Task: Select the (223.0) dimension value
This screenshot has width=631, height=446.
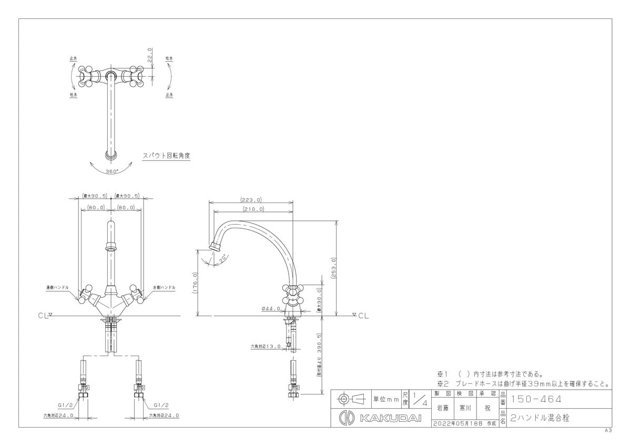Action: [x=251, y=200]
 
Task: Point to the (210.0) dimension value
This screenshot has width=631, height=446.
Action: [x=253, y=209]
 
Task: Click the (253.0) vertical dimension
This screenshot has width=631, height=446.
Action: [x=333, y=269]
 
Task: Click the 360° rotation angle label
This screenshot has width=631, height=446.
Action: [x=111, y=171]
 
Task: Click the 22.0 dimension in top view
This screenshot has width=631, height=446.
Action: [x=149, y=56]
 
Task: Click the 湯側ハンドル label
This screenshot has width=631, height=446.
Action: [x=57, y=288]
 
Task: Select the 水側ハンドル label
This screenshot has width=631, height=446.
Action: [x=164, y=288]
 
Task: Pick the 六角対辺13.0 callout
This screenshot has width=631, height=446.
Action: [x=265, y=347]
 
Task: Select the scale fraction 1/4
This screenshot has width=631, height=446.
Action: [x=420, y=400]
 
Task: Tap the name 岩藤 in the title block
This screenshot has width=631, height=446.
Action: [x=443, y=408]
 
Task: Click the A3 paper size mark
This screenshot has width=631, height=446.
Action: [x=608, y=430]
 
